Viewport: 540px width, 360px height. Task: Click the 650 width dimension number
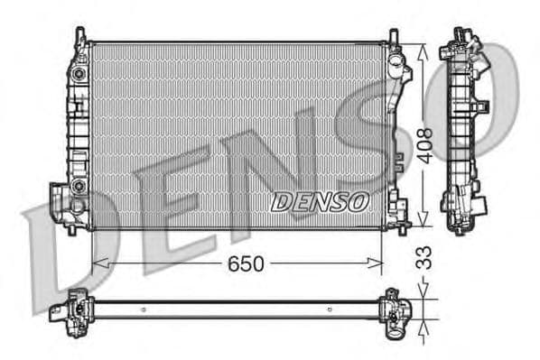click(244, 263)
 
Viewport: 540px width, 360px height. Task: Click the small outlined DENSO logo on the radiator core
click(320, 201)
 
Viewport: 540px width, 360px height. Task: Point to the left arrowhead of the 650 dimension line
click(98, 263)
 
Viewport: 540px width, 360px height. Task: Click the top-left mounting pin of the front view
click(80, 34)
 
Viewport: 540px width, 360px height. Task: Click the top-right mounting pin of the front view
click(393, 35)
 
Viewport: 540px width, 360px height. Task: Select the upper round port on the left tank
click(79, 71)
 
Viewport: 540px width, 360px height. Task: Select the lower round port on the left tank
click(79, 186)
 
